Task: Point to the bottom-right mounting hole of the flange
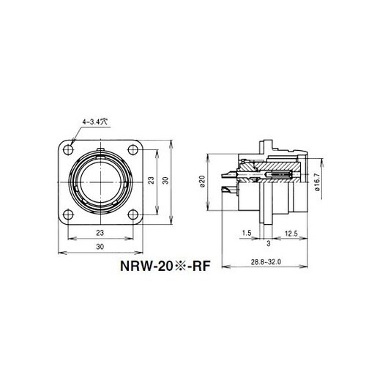click(x=134, y=214)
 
